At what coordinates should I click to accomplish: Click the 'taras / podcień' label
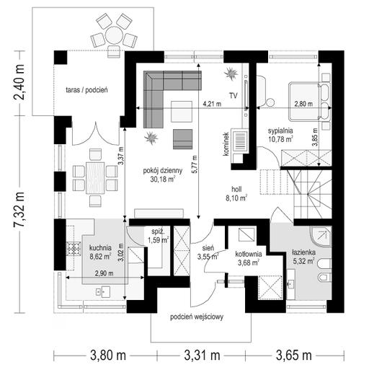[86, 90]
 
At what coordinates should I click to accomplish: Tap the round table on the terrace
[114, 35]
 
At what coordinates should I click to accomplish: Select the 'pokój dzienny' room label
[163, 171]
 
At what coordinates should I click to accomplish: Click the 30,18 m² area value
[163, 179]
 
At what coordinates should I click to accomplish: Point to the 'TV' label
[233, 96]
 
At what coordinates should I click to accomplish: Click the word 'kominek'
[226, 144]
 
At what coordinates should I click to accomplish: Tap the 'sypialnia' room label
[280, 131]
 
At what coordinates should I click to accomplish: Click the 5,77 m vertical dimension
[195, 164]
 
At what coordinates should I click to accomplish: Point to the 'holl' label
[236, 189]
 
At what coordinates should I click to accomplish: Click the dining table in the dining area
[95, 178]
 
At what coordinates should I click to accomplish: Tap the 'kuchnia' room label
[100, 247]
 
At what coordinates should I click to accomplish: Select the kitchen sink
[103, 292]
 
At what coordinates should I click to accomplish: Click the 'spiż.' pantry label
[158, 232]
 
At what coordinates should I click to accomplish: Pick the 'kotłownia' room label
[249, 255]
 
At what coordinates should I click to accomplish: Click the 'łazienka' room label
[303, 252]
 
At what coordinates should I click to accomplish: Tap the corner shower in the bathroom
[321, 237]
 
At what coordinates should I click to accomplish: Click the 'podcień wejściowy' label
[197, 317]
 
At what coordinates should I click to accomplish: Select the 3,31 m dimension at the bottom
[202, 356]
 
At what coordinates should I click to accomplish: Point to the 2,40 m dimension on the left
[19, 82]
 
